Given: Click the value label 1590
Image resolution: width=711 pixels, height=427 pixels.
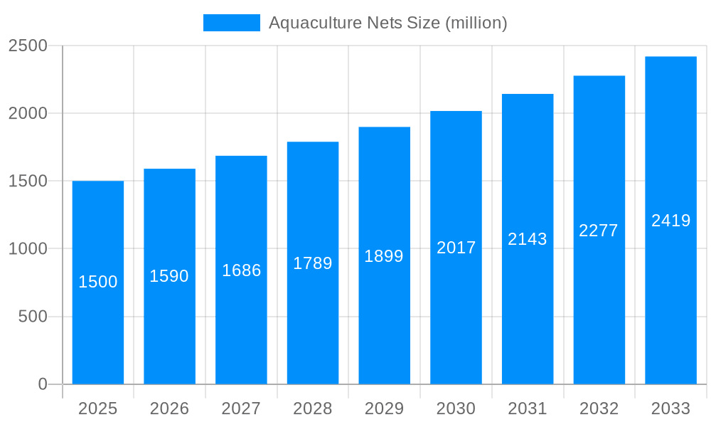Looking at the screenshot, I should [169, 276].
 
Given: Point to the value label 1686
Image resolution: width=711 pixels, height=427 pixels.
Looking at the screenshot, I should [242, 270].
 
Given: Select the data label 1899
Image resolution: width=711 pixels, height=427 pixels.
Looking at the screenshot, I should [384, 256].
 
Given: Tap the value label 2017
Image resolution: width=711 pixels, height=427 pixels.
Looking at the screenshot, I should [456, 248].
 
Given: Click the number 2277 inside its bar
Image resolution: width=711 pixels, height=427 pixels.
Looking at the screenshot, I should [599, 231].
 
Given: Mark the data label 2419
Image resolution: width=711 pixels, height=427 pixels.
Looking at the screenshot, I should [671, 221].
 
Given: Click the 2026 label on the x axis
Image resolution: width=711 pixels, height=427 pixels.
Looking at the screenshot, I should [170, 408].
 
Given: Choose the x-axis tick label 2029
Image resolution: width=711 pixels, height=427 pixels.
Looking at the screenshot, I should [384, 408].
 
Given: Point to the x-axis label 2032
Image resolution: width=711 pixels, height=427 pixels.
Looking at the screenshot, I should [599, 408].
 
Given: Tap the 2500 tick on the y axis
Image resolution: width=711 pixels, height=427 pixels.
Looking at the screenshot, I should [28, 46].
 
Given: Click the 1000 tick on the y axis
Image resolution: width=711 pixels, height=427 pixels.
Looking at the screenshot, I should [28, 249].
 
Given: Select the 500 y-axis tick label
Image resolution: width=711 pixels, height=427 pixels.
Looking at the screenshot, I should [33, 317].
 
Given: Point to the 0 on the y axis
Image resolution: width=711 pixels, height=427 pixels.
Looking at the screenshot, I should [43, 384].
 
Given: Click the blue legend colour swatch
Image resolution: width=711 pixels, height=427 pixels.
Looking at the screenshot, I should [232, 23].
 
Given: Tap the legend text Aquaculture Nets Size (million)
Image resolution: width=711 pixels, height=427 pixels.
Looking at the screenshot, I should [388, 23].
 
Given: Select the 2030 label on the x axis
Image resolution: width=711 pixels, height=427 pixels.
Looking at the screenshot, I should [456, 408].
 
